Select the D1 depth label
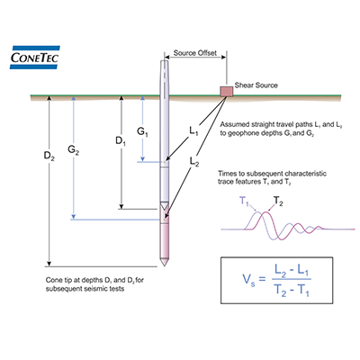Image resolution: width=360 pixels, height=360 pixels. (110, 142)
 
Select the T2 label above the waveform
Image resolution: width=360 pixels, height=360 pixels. (278, 202)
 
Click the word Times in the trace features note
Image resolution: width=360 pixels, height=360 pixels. (227, 174)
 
